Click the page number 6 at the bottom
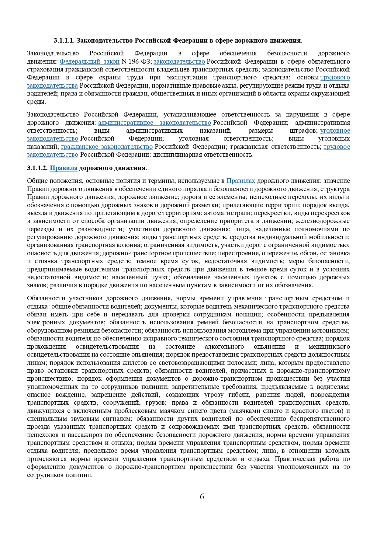tap(202, 497)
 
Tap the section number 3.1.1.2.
tap(37, 168)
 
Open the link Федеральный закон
tap(89, 61)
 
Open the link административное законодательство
tap(154, 123)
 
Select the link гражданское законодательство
tap(107, 147)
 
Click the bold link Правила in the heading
tap(64, 168)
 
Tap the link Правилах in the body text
tap(240, 181)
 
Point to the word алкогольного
tap(224, 347)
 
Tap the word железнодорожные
tap(323, 221)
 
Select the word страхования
tap(44, 69)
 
